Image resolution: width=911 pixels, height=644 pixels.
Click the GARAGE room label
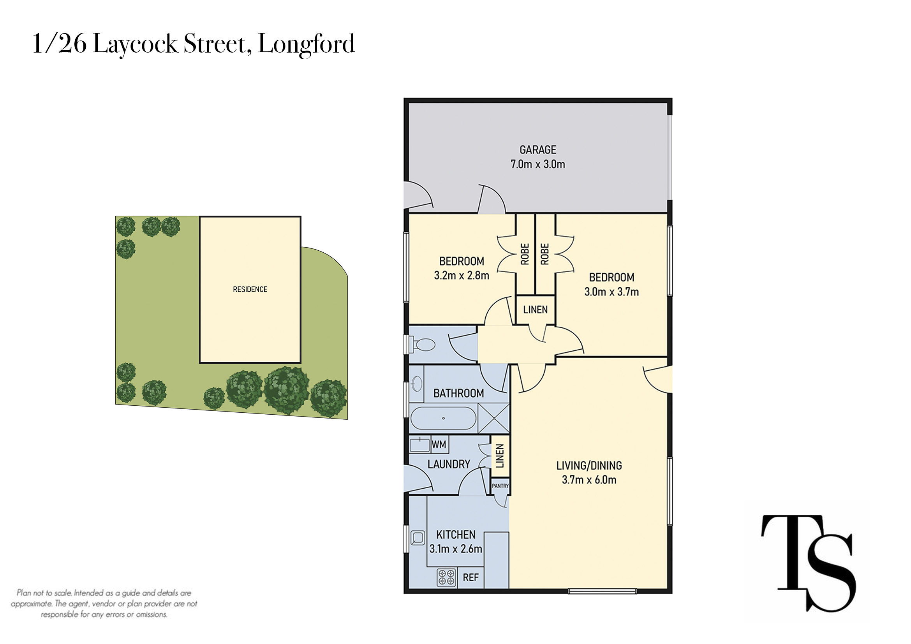point(537,150)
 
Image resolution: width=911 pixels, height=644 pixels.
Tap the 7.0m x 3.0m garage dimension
point(537,164)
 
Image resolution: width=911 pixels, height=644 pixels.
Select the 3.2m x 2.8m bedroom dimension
point(462,275)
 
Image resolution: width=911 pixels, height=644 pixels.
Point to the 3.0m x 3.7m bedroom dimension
point(611,292)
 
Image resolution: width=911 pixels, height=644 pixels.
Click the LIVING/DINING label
point(589,466)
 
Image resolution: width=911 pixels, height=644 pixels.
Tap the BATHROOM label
point(458,393)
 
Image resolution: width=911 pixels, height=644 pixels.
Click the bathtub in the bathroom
point(443,418)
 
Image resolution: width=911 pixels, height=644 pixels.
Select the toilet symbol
point(423,344)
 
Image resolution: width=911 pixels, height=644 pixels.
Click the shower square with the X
point(493,418)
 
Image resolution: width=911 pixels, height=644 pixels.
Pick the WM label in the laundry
point(439,445)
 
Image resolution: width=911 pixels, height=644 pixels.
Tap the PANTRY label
point(500,486)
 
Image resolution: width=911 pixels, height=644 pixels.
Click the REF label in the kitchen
point(470,577)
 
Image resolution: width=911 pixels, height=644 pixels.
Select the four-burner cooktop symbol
point(446,577)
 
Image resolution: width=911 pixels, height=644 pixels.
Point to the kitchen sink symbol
point(418,538)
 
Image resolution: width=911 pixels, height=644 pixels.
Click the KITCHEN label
point(456,535)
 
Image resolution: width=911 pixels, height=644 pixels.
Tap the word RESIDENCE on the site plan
point(250,289)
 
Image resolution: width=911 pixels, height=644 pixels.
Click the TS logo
point(808,563)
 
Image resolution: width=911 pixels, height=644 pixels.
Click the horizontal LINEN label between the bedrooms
point(535,310)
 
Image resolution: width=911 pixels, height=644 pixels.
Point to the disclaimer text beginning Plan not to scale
point(104,604)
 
